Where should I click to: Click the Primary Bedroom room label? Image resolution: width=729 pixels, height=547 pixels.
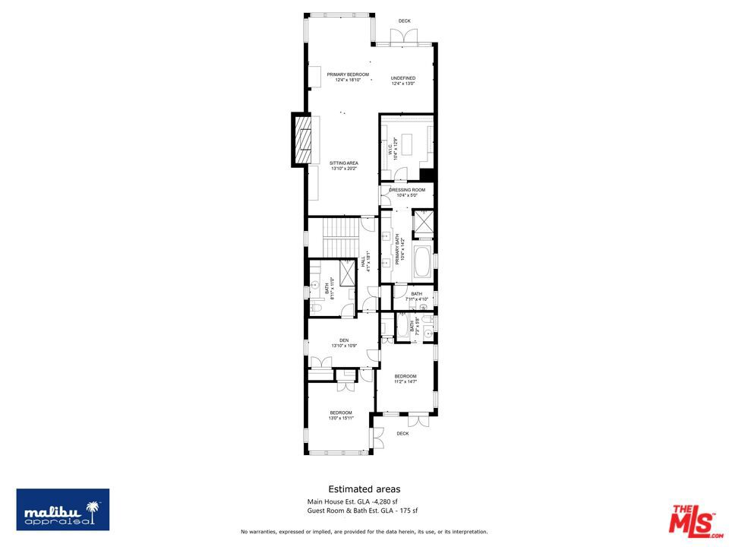pyautogui.click(x=348, y=77)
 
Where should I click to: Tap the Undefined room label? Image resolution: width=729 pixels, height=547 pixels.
pyautogui.click(x=403, y=81)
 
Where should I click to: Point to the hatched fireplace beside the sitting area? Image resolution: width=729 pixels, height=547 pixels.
pyautogui.click(x=303, y=140)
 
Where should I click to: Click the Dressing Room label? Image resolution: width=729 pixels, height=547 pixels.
pyautogui.click(x=407, y=192)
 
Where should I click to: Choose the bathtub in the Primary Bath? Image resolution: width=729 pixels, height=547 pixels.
pyautogui.click(x=422, y=261)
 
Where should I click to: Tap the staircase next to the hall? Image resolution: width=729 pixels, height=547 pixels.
pyautogui.click(x=340, y=237)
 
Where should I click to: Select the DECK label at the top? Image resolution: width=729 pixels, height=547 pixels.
pyautogui.click(x=404, y=21)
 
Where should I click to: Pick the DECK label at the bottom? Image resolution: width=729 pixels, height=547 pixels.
pyautogui.click(x=402, y=434)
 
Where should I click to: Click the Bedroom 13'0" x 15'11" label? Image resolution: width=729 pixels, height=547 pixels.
pyautogui.click(x=340, y=415)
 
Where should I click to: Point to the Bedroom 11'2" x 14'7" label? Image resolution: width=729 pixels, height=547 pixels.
pyautogui.click(x=405, y=378)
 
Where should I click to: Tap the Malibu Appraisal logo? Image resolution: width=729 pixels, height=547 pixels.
pyautogui.click(x=63, y=509)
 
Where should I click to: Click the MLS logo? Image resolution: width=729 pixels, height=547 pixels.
pyautogui.click(x=692, y=519)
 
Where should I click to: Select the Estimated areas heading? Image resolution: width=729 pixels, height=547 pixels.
pyautogui.click(x=364, y=489)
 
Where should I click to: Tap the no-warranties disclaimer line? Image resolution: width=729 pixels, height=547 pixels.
pyautogui.click(x=364, y=531)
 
